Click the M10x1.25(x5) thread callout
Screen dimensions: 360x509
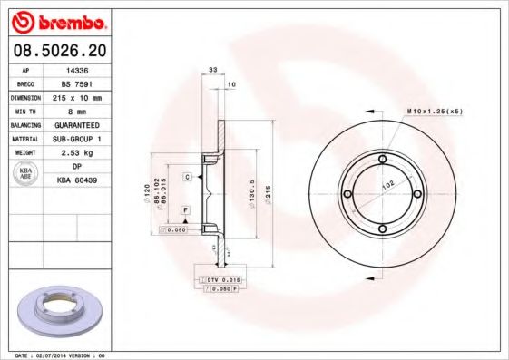coord(435,111)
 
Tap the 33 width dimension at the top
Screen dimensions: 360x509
coord(213,70)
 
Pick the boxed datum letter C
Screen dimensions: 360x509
coord(187,177)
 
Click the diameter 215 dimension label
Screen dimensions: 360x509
coord(269,196)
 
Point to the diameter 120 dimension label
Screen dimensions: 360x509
coord(146,192)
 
